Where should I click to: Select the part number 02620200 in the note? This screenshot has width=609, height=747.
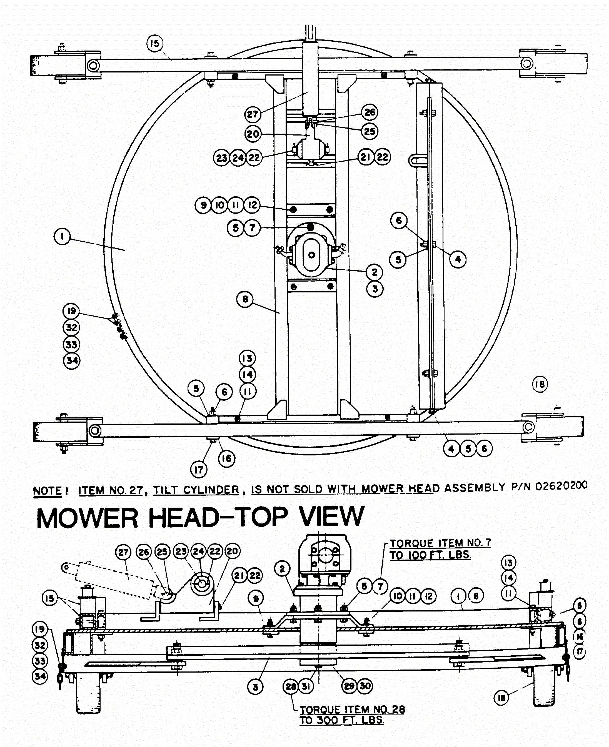point(561,486)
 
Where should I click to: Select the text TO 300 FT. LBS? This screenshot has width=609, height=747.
point(342,720)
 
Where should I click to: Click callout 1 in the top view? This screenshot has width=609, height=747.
point(62,236)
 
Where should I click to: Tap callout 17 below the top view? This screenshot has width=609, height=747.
point(199,469)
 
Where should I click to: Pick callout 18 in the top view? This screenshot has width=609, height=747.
point(540,384)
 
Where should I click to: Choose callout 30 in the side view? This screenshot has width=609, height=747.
point(365,686)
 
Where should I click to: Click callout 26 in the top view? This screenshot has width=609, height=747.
point(370,112)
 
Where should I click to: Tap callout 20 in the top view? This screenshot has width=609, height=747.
point(253,134)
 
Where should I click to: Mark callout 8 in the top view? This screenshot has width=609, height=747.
point(245,299)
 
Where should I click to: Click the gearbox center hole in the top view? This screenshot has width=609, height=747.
point(311,255)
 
